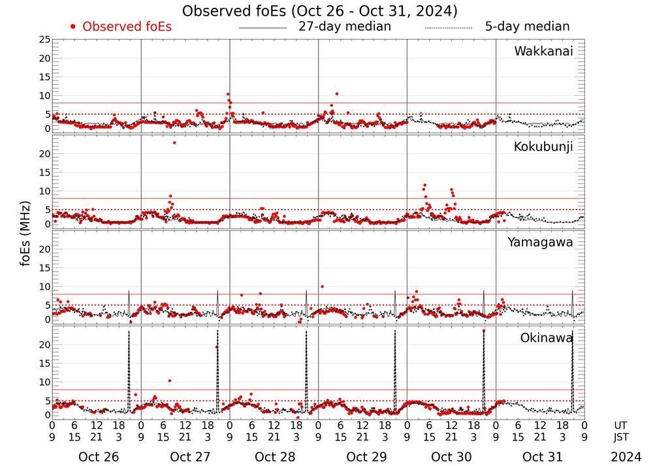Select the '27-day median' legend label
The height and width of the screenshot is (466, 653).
pyautogui.click(x=345, y=27)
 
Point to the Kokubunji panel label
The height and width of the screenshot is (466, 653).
pyautogui.click(x=543, y=147)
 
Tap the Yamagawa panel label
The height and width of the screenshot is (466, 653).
pyautogui.click(x=541, y=242)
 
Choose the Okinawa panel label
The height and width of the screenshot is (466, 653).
pyautogui.click(x=547, y=337)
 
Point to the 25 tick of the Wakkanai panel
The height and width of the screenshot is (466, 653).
pyautogui.click(x=44, y=40)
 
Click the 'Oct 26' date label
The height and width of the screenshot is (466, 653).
pyautogui.click(x=98, y=457)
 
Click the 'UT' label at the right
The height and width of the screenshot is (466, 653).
pyautogui.click(x=620, y=425)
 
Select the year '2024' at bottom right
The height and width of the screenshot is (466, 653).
pyautogui.click(x=625, y=457)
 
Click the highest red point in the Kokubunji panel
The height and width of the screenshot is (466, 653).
pyautogui.click(x=174, y=142)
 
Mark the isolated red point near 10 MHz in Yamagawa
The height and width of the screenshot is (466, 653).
pyautogui.click(x=322, y=287)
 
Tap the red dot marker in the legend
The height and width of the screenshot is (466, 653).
pyautogui.click(x=73, y=27)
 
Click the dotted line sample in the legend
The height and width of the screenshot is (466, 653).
pyautogui.click(x=448, y=27)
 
